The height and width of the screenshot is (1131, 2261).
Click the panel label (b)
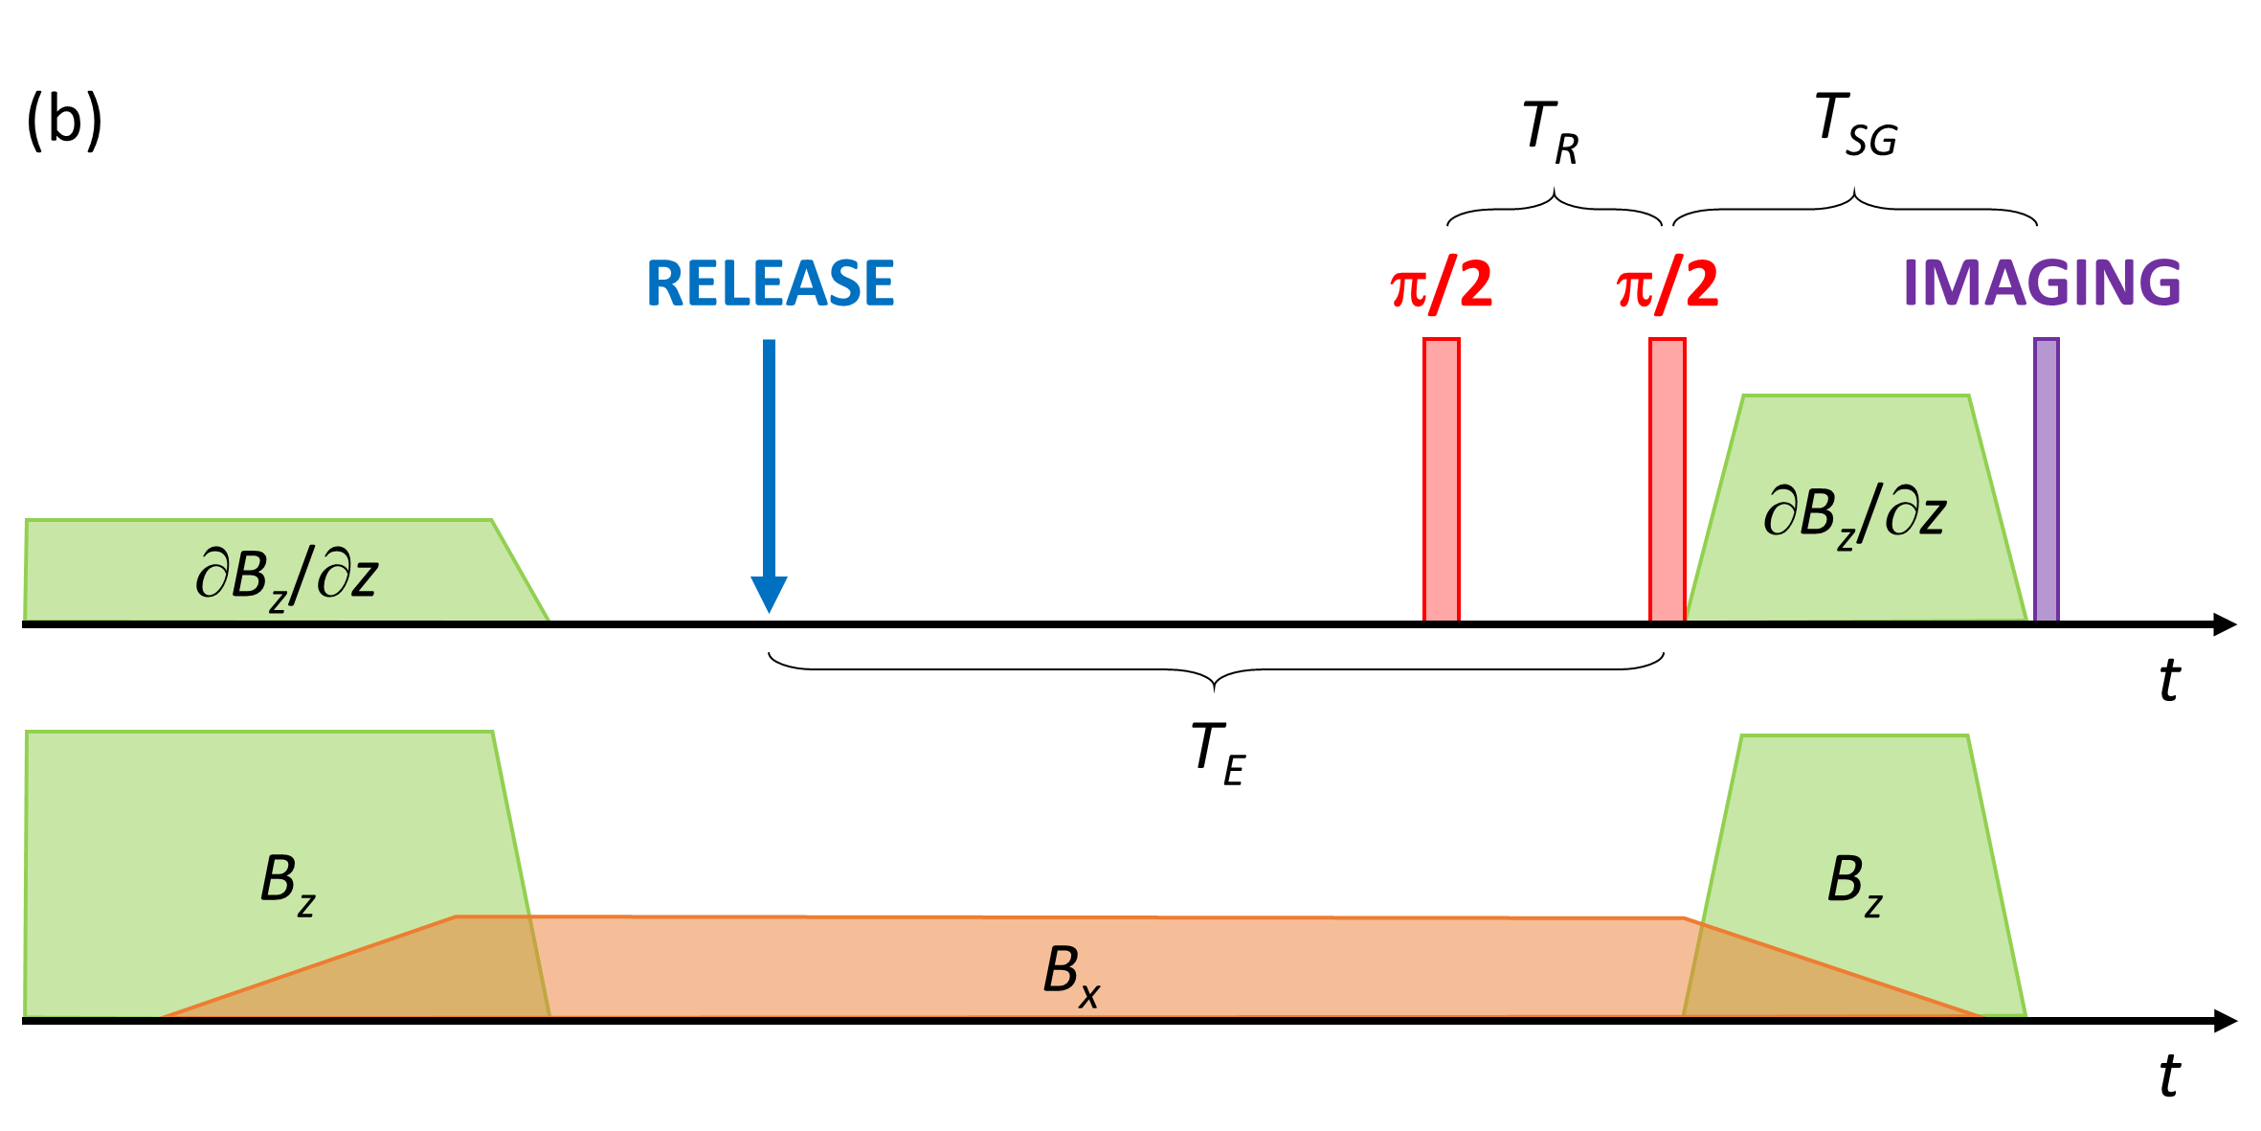64,122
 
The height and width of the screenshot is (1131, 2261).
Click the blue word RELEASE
771,283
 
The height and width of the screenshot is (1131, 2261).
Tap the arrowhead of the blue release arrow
769,594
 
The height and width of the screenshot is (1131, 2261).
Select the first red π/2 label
1441,285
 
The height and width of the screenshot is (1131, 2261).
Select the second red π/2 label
1667,285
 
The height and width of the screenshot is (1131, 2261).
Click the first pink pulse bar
1441,479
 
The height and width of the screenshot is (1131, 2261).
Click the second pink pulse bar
1667,479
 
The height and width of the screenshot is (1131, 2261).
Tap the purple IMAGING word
2041,283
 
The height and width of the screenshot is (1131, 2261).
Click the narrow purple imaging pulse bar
2046,479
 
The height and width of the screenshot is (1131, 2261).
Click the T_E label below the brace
1218,754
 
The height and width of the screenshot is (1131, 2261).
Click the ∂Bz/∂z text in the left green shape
286,577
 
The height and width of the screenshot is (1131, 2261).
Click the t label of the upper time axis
2169,681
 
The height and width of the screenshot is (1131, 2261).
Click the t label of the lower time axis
2169,1076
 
